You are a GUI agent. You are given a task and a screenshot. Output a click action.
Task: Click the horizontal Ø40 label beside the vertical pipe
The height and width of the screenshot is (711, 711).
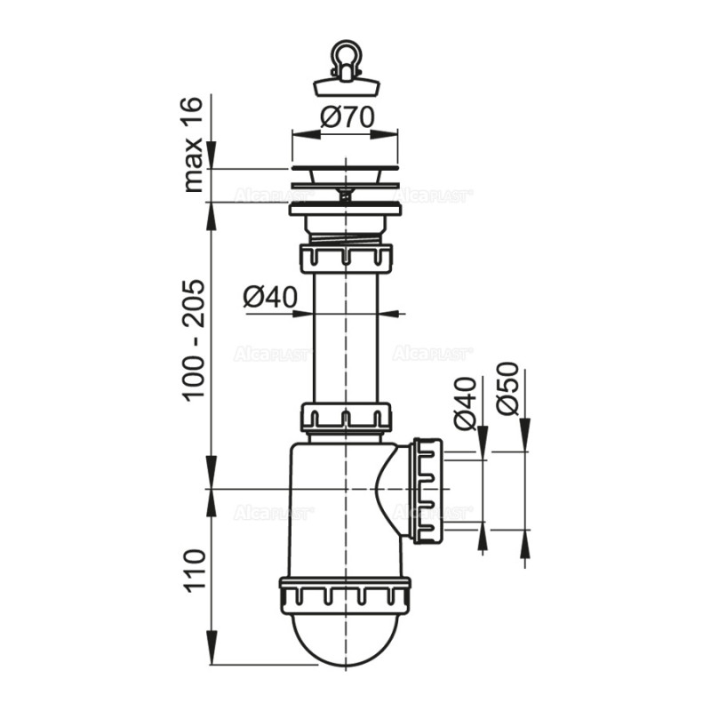(269, 298)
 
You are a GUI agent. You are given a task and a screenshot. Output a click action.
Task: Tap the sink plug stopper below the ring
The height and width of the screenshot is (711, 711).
(345, 86)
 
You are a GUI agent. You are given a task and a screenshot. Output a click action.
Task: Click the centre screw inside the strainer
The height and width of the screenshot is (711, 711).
(345, 190)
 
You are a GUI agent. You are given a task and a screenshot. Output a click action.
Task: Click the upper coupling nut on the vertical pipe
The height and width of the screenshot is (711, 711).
(345, 259)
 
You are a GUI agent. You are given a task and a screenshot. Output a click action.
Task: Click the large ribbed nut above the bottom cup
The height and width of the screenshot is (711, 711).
(345, 593)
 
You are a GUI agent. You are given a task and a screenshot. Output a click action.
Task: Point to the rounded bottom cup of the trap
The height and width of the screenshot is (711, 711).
(345, 635)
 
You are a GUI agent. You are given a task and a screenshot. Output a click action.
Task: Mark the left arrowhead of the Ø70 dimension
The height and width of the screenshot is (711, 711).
(299, 135)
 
